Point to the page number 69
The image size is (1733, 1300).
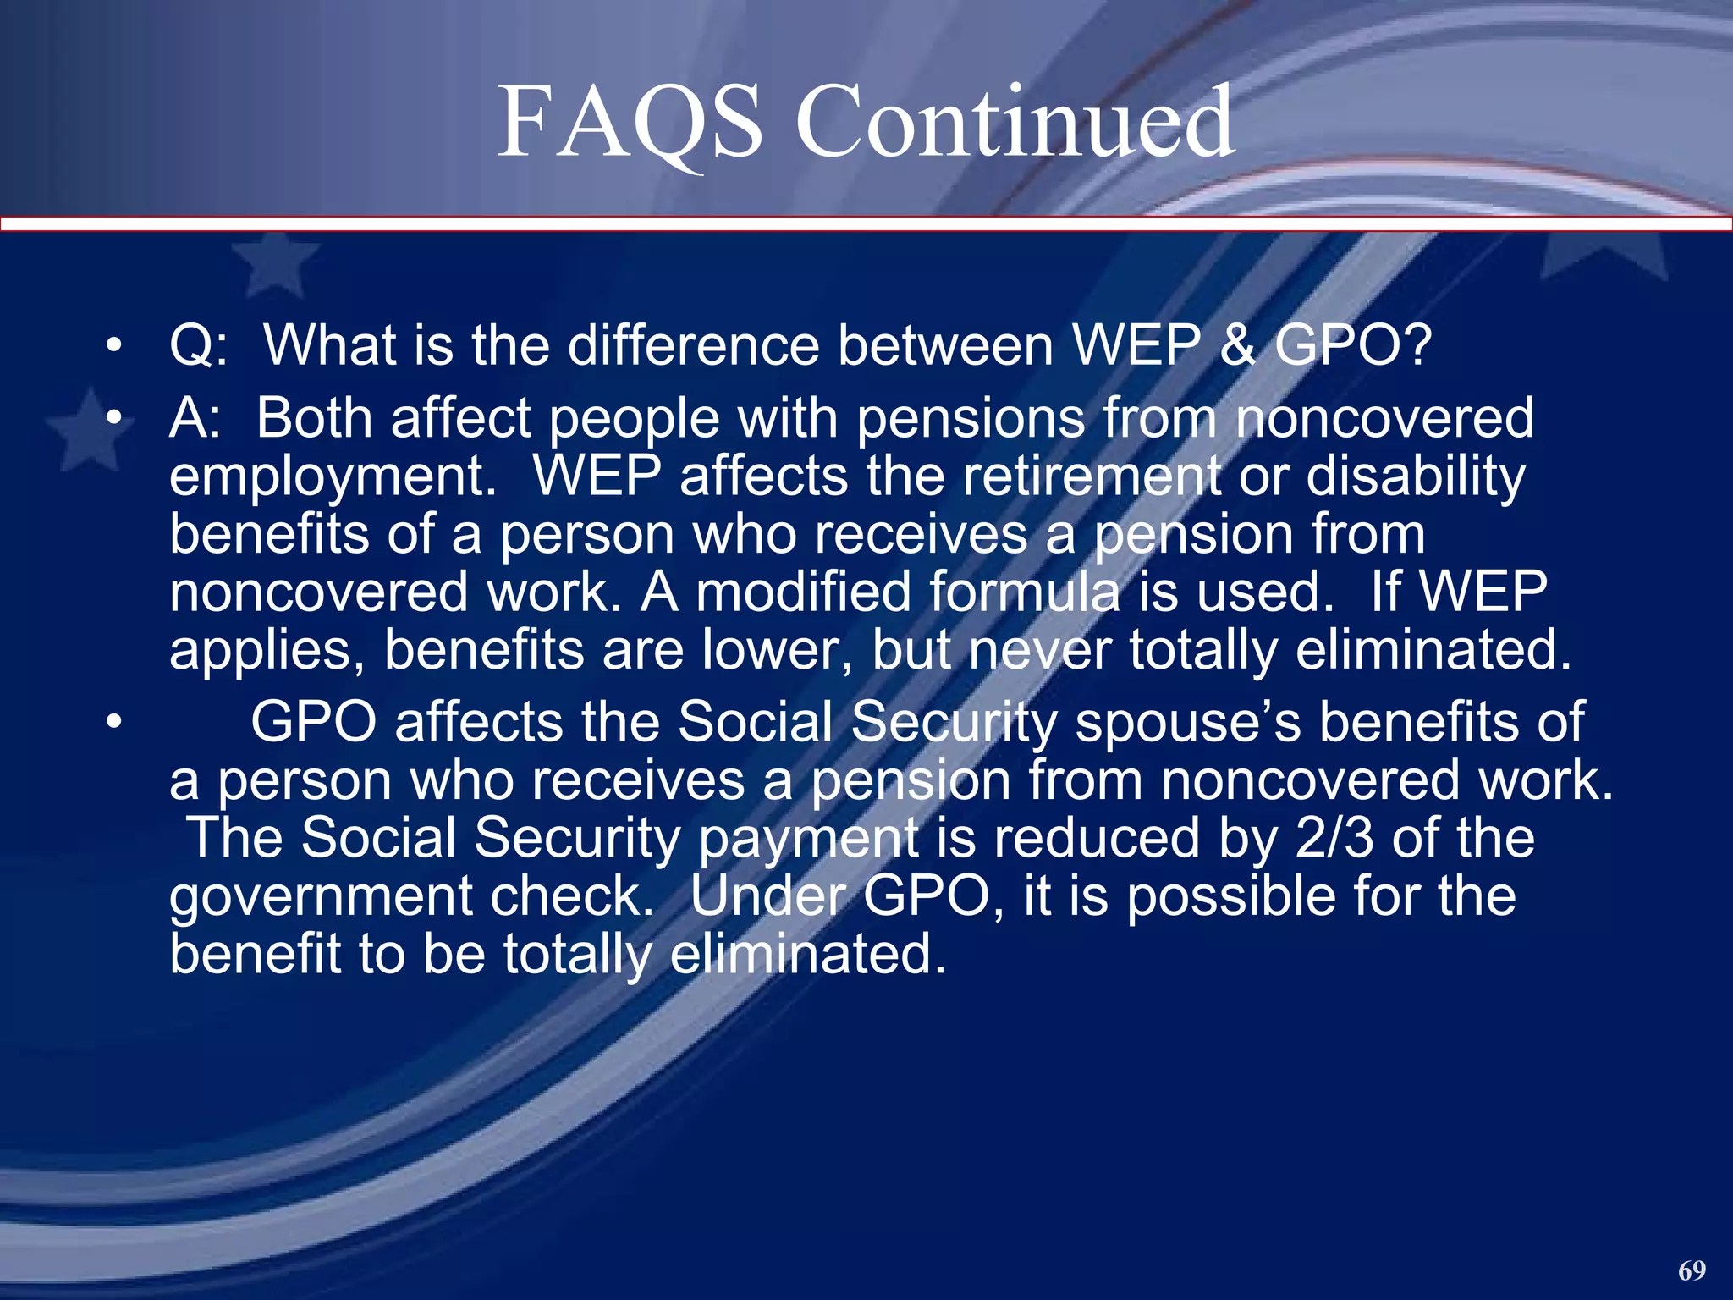[x=1692, y=1270]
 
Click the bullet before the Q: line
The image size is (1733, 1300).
[x=115, y=346]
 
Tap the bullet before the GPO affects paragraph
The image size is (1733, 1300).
[x=115, y=723]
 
